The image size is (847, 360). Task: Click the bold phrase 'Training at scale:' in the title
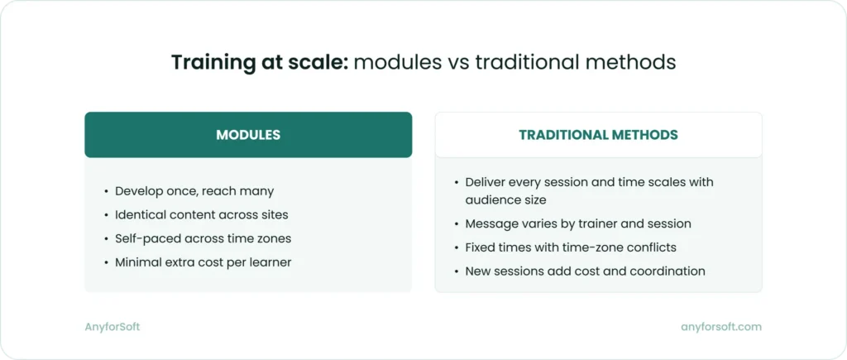coord(260,63)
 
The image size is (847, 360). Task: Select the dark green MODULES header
coord(248,135)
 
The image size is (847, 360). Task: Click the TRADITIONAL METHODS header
coord(598,135)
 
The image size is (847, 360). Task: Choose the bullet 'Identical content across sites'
coord(202,215)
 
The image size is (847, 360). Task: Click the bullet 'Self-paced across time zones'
coord(203,238)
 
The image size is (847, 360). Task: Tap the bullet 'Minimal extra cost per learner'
coord(203,262)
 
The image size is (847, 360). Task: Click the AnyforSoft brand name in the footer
coord(112,327)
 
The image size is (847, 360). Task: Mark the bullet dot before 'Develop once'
coord(106,192)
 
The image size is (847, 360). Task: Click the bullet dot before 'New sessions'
coord(457,271)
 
